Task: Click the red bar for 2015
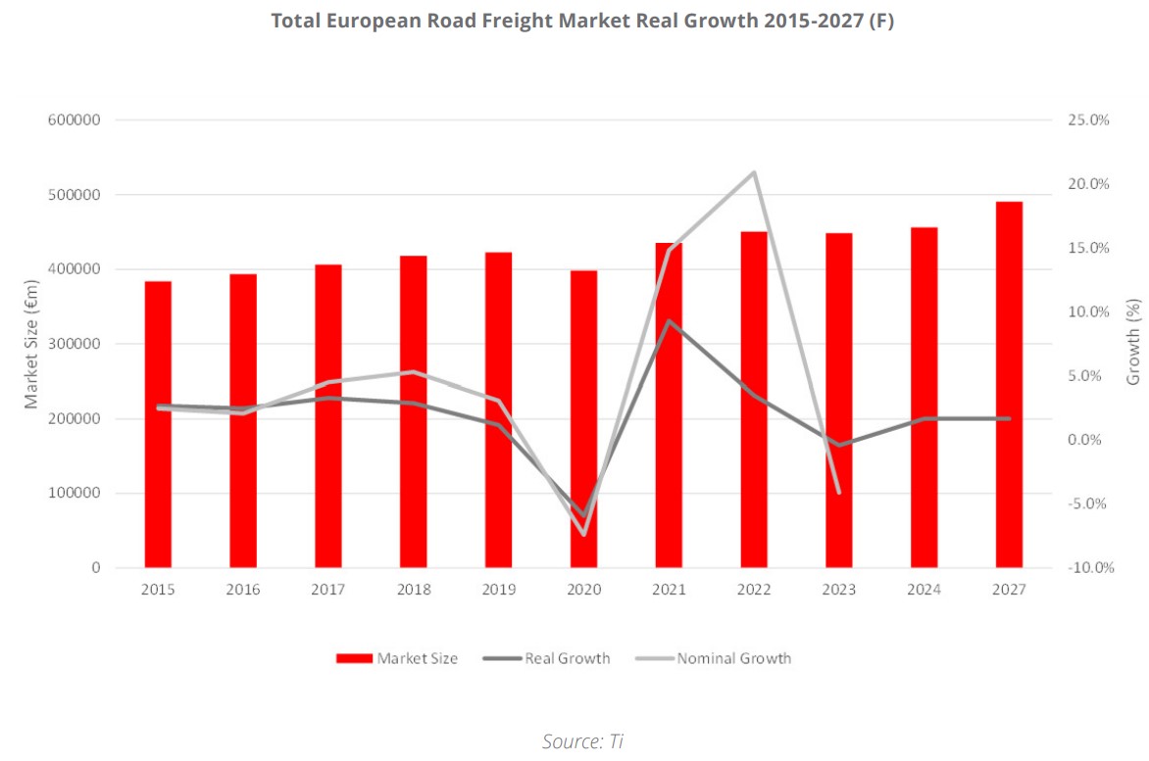pos(158,424)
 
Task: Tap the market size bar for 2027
pos(1009,384)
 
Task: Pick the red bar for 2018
pos(413,411)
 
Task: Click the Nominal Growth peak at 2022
pos(753,172)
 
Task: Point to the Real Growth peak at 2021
pos(669,321)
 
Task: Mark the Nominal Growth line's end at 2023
pos(838,492)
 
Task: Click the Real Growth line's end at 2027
pos(1009,418)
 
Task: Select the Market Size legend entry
pos(397,658)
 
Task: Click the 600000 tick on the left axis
pos(74,120)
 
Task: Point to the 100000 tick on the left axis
pos(74,494)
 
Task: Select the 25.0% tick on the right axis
pos(1087,120)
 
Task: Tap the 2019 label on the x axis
pos(498,590)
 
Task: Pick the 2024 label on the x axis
pos(924,590)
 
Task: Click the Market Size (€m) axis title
pos(31,343)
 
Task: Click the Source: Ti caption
pos(582,741)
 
